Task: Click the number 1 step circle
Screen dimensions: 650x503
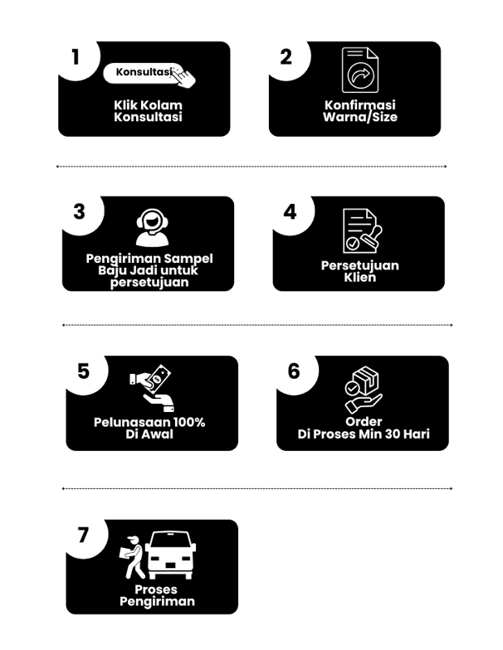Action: (76, 57)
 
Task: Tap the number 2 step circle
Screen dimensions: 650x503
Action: (286, 57)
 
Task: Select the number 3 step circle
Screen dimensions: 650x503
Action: (80, 211)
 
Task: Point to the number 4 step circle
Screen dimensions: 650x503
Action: (290, 211)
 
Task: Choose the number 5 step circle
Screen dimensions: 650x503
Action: (83, 371)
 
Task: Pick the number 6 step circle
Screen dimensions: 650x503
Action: (294, 371)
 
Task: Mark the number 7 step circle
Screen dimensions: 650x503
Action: (83, 535)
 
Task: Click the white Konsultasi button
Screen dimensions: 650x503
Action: (144, 73)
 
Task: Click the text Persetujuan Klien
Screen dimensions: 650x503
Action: (359, 271)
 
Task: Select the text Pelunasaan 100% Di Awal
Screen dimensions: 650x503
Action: (149, 428)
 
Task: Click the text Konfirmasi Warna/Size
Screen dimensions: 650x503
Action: (359, 111)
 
